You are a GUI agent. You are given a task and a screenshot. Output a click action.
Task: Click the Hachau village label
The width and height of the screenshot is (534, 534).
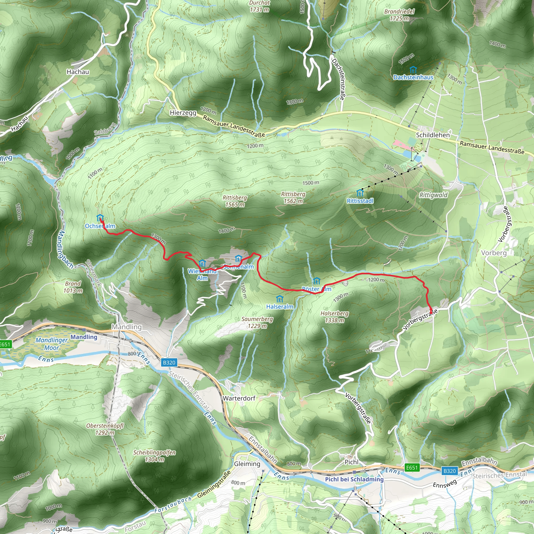pyautogui.click(x=78, y=72)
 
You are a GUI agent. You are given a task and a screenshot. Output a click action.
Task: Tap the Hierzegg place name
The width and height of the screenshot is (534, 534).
pyautogui.click(x=183, y=113)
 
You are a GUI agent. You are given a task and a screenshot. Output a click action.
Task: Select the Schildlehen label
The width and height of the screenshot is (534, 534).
pyautogui.click(x=433, y=135)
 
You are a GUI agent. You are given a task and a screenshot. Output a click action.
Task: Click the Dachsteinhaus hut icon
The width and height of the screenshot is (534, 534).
pyautogui.click(x=413, y=69)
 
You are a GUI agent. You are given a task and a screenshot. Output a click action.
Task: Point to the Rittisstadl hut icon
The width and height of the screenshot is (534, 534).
pyautogui.click(x=360, y=193)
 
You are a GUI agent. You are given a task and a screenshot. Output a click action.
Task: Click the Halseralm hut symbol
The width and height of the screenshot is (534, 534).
pyautogui.click(x=280, y=299)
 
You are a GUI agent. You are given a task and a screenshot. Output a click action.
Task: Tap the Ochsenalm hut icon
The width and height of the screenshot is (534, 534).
pyautogui.click(x=100, y=217)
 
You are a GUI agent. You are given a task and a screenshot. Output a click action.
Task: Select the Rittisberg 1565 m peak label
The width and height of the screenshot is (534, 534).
pyautogui.click(x=235, y=201)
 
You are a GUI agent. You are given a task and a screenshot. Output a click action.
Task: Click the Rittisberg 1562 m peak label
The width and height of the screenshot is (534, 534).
pyautogui.click(x=293, y=197)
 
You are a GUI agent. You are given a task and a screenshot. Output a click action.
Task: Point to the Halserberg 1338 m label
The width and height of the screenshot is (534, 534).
pyautogui.click(x=335, y=317)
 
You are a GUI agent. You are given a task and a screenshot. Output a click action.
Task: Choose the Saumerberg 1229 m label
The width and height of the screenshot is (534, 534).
pyautogui.click(x=257, y=322)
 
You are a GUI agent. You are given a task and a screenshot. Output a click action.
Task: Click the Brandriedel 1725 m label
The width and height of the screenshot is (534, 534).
pyautogui.click(x=399, y=15)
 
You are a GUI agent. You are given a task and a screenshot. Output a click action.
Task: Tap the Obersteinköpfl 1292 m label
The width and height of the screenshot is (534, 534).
pyautogui.click(x=105, y=429)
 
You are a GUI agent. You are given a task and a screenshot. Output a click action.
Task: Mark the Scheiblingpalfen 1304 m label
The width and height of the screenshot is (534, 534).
pyautogui.click(x=154, y=456)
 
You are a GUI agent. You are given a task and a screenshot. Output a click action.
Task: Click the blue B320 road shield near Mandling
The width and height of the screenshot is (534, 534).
pyautogui.click(x=169, y=362)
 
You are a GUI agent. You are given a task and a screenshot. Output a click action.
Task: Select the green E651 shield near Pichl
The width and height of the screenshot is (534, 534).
pyautogui.click(x=411, y=468)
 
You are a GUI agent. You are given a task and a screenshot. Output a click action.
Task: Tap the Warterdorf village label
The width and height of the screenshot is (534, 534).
pyautogui.click(x=239, y=398)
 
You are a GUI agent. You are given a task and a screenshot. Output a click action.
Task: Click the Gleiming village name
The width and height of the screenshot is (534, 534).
pyautogui.click(x=247, y=464)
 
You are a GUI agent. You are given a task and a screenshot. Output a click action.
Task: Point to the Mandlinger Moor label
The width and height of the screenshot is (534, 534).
pyautogui.click(x=52, y=344)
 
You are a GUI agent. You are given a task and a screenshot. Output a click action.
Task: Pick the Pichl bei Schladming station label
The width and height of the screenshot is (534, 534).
pyautogui.click(x=354, y=479)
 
